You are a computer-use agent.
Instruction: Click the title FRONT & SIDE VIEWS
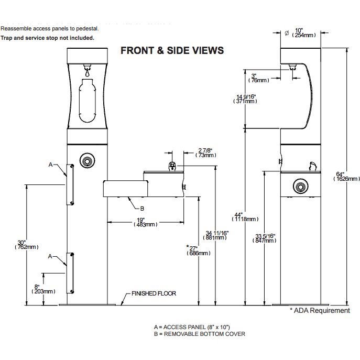tap(172, 51)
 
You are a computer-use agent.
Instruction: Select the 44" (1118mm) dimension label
tap(245, 216)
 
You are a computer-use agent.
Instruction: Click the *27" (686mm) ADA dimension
tap(198, 250)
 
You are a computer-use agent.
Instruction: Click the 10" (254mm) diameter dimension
tap(304, 32)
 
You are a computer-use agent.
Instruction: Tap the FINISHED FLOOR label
tap(154, 293)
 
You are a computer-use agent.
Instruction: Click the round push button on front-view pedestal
tap(85, 160)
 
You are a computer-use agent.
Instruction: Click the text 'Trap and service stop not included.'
tap(48, 38)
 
